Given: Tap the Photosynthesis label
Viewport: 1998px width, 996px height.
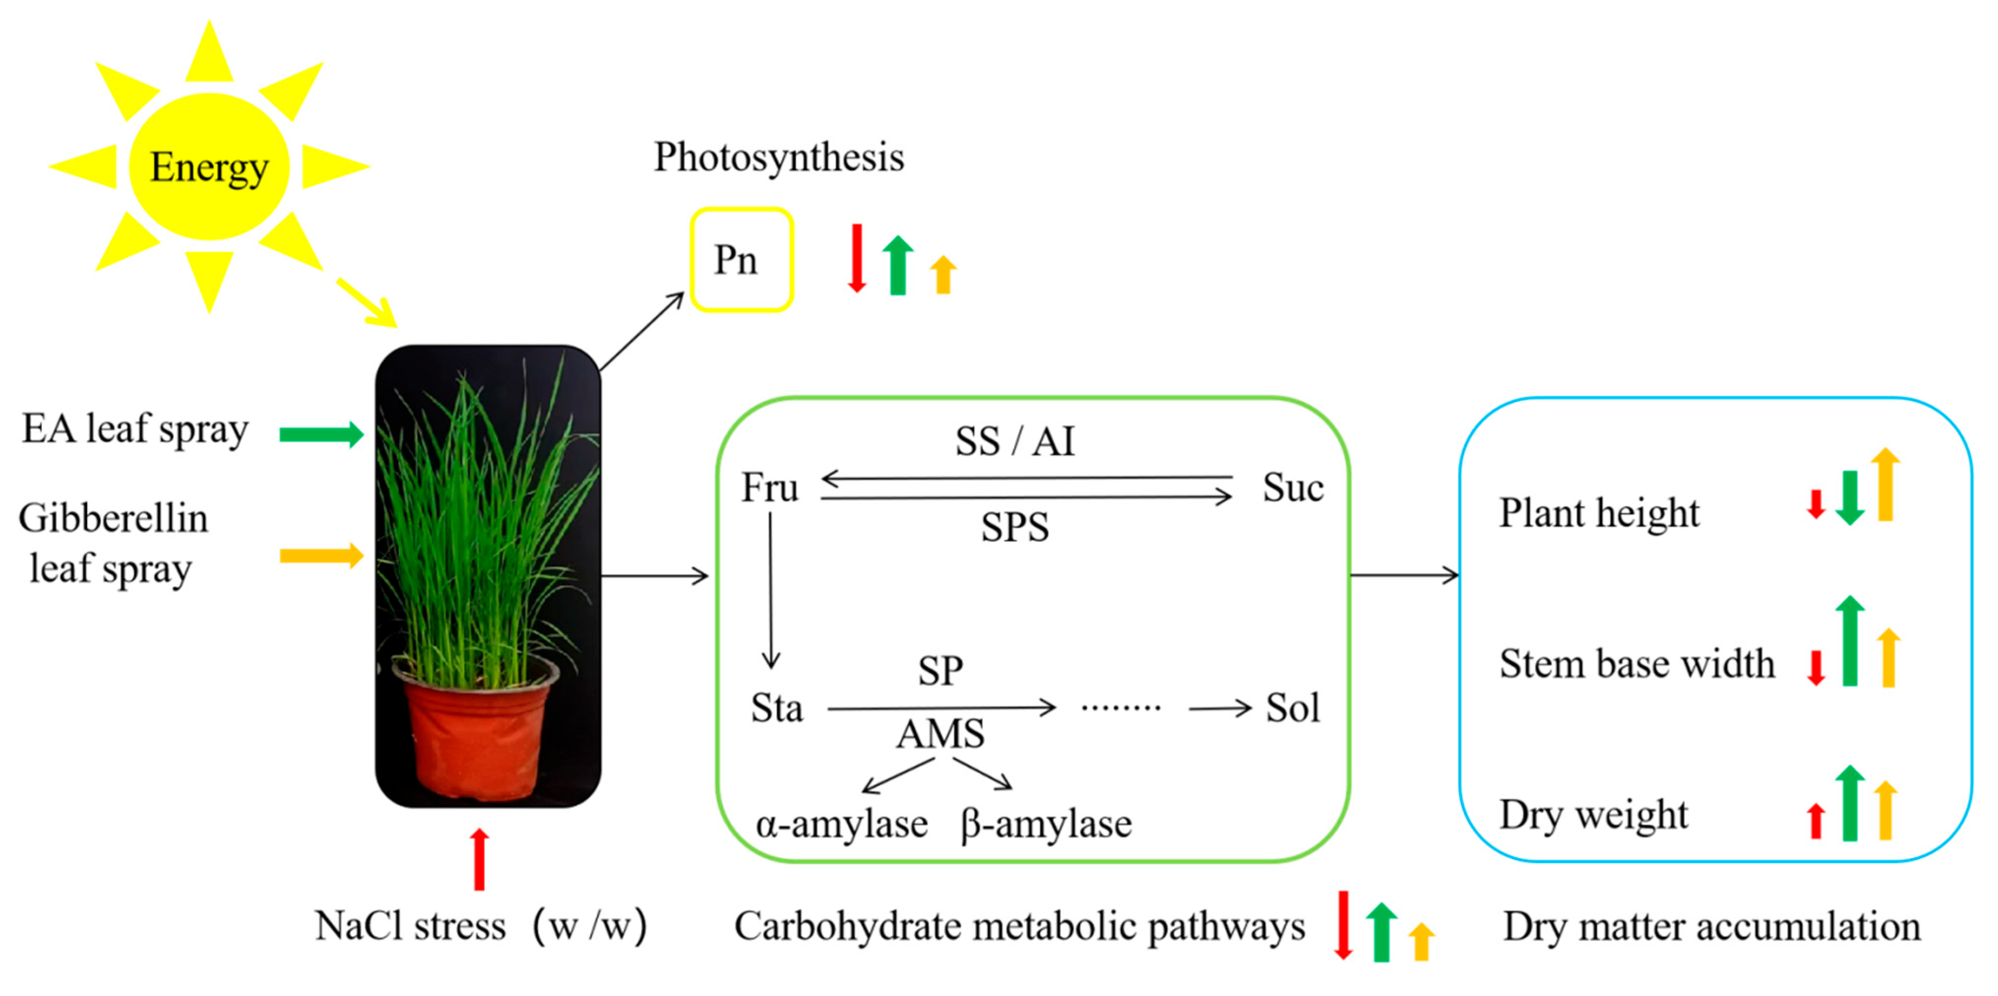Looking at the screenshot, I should tap(779, 157).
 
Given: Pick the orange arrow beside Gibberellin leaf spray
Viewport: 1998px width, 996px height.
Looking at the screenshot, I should tap(321, 556).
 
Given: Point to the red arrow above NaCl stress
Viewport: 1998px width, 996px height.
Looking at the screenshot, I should tap(479, 859).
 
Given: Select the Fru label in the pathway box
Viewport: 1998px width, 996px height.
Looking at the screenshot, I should tap(769, 488).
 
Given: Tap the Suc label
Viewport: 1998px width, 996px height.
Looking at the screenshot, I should tap(1292, 488).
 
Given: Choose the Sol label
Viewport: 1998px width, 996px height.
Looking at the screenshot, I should tap(1292, 708).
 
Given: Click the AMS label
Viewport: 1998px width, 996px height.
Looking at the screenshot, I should tap(940, 734).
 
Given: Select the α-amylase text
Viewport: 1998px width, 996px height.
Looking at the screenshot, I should tap(842, 824).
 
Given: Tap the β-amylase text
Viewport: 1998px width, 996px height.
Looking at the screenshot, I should tap(1046, 824).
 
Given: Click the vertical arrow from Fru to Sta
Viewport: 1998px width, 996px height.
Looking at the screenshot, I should tap(770, 590).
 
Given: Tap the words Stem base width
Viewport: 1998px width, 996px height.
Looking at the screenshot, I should tap(1637, 664).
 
